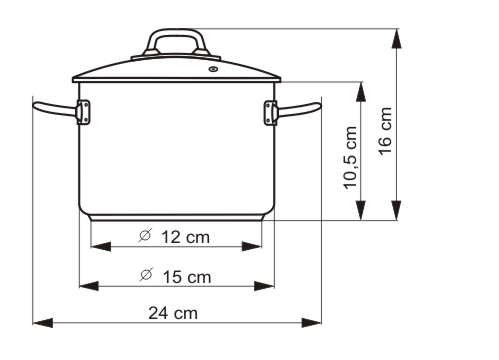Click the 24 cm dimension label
[173, 312]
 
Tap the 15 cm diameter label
[175, 275]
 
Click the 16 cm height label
[385, 126]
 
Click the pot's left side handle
[52, 109]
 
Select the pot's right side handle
[300, 109]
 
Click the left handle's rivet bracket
[83, 112]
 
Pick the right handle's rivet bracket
[269, 112]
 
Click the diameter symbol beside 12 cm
[144, 236]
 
